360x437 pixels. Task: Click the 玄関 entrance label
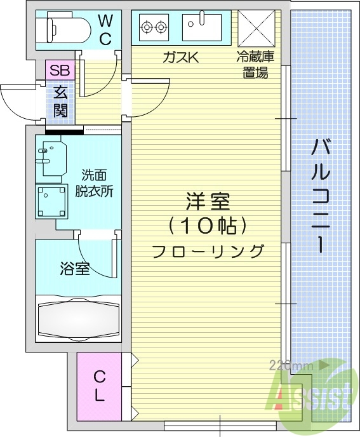click(60, 101)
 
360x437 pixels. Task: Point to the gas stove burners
click(155, 27)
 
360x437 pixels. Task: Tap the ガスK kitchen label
click(181, 58)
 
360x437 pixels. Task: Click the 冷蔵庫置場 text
click(257, 64)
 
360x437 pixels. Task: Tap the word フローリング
click(208, 252)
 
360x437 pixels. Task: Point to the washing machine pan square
click(51, 201)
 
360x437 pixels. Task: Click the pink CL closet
click(99, 386)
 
